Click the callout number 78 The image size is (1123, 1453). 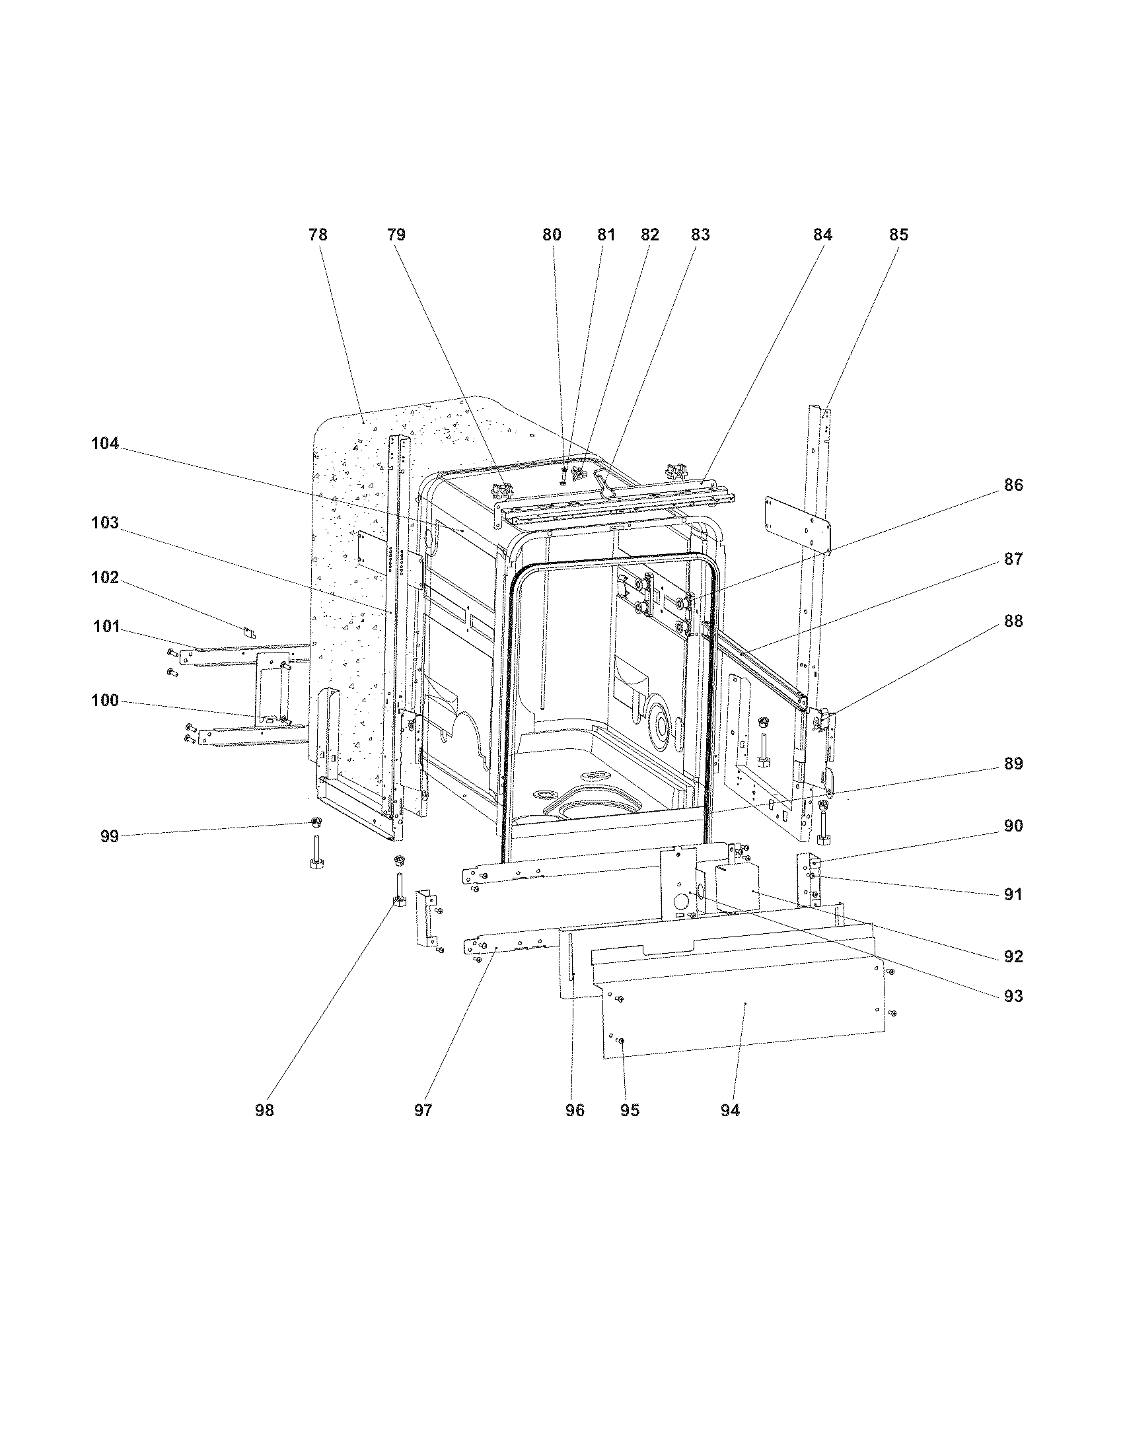[x=318, y=235]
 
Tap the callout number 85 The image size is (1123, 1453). [x=898, y=235]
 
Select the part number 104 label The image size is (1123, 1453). [x=105, y=444]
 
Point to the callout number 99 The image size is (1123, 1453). [x=109, y=836]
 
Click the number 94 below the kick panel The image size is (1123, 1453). [x=730, y=1110]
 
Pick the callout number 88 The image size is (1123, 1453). [x=1013, y=621]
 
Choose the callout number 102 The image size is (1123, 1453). [x=105, y=577]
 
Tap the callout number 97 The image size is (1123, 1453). [x=423, y=1110]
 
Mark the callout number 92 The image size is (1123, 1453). [x=1013, y=956]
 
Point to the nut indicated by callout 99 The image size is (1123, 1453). [x=316, y=824]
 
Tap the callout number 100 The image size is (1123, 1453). [x=105, y=701]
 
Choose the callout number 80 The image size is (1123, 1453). [x=552, y=235]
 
